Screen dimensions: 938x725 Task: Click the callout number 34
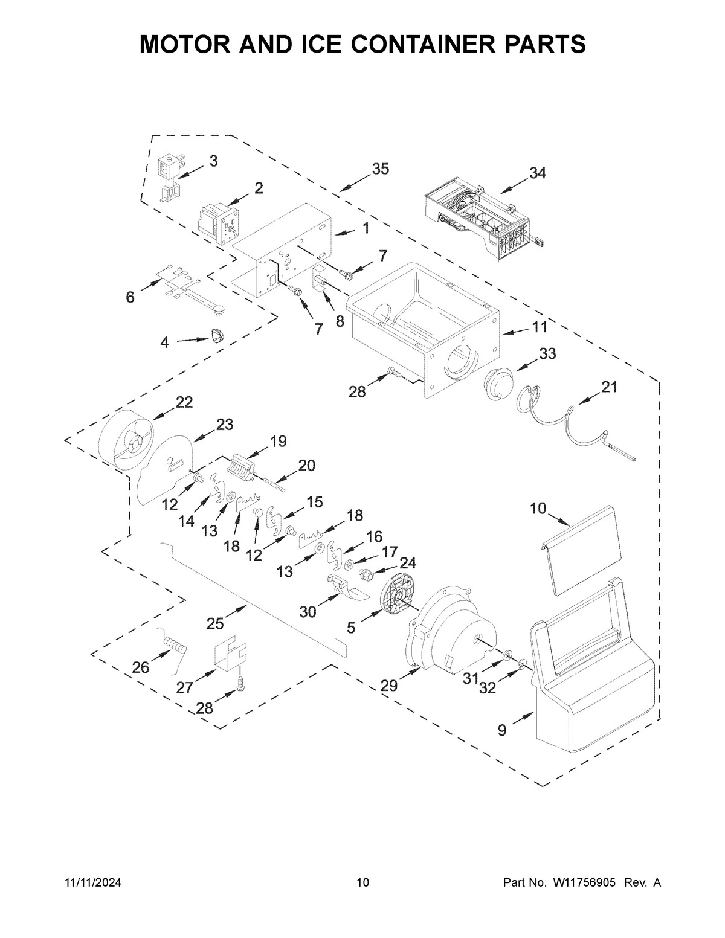click(x=538, y=173)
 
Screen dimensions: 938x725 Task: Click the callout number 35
click(x=380, y=169)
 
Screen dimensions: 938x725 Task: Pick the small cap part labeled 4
click(x=217, y=335)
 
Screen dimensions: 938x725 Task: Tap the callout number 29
click(x=389, y=685)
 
